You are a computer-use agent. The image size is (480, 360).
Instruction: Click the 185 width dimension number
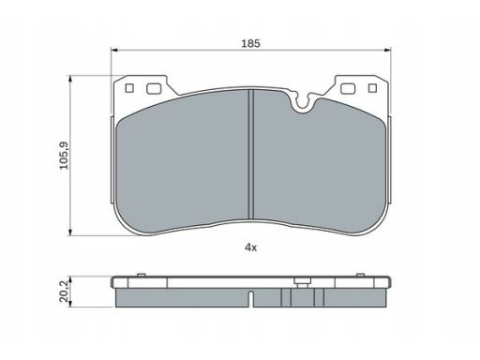pos(250,43)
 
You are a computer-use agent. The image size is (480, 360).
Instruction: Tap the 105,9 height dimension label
pos(64,156)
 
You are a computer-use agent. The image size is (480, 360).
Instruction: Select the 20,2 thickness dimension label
pos(64,292)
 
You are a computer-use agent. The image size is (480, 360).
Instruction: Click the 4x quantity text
pos(250,247)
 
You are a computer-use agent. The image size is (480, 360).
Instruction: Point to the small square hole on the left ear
pos(129,88)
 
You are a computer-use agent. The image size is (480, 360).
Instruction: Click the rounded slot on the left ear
pos(154,89)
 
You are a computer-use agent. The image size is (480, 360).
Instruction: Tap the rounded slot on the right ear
pos(348,89)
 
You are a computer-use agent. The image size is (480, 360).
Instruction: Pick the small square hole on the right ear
pos(372,88)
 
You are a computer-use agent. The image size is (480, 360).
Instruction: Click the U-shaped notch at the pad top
pos(302,102)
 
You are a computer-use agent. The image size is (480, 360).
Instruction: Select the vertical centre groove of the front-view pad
pos(250,155)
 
